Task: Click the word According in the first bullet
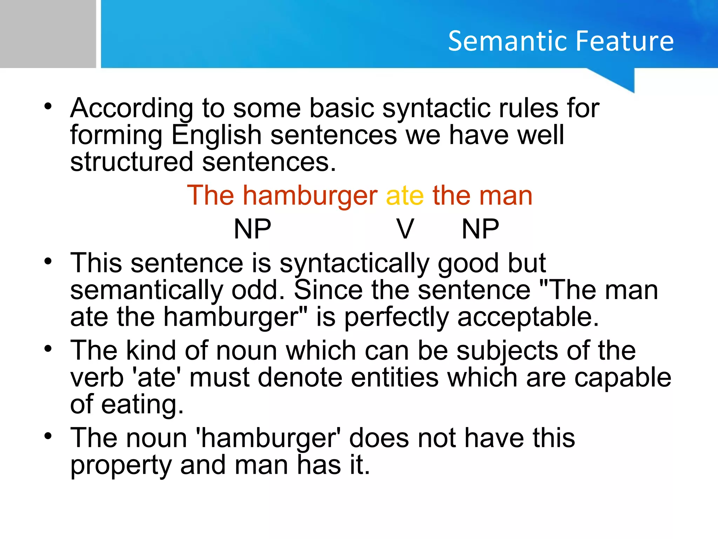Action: click(x=131, y=109)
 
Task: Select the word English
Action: click(x=216, y=135)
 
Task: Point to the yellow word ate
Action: click(x=405, y=196)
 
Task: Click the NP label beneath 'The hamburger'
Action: click(x=252, y=229)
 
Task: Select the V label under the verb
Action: click(x=405, y=229)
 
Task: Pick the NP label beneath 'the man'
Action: click(x=480, y=229)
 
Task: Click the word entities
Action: click(x=395, y=378)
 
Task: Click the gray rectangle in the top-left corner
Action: click(x=48, y=34)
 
